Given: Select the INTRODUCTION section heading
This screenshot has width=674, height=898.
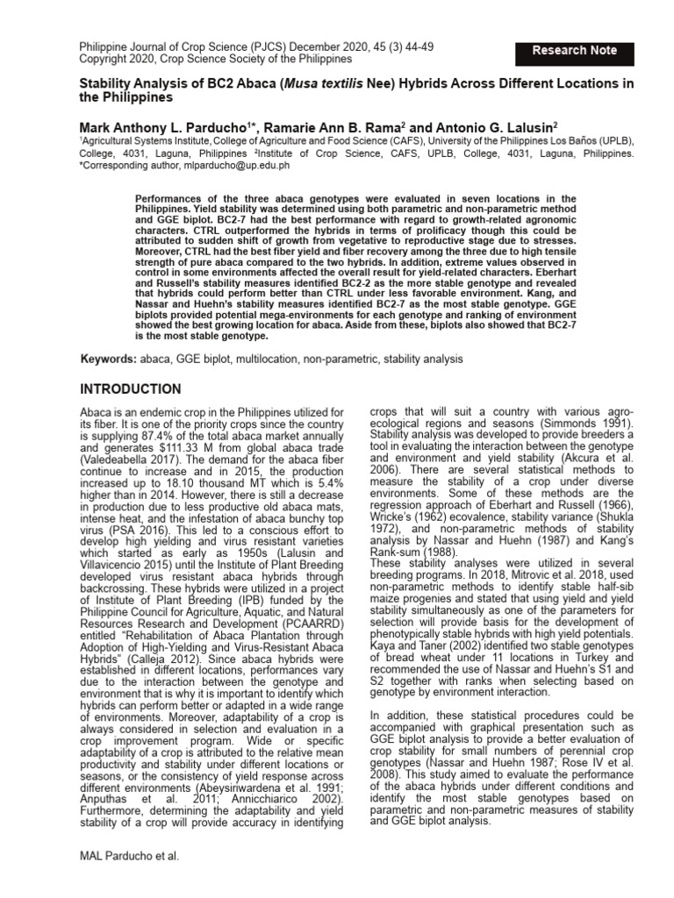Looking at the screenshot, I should pos(132,388).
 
